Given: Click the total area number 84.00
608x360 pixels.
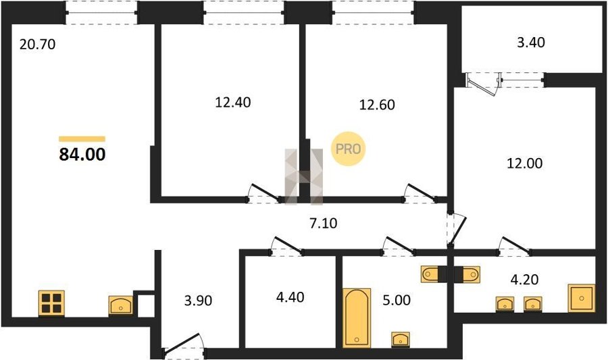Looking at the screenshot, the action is [x=82, y=154].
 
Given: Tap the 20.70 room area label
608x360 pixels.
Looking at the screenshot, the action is [x=38, y=44].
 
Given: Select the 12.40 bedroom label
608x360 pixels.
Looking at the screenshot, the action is [x=232, y=102].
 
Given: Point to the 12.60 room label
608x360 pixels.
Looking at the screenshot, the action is [x=377, y=105].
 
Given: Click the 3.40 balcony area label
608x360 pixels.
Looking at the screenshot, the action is [x=531, y=42].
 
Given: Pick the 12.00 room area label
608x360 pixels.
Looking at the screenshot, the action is [x=525, y=163].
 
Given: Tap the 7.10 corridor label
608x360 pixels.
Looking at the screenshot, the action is [x=324, y=223].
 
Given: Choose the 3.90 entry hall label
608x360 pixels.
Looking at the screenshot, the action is [x=198, y=301].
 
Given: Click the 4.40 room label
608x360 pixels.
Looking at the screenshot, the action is [x=290, y=297].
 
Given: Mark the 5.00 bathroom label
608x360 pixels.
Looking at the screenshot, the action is [x=397, y=300].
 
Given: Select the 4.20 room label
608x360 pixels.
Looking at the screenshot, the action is [x=524, y=279].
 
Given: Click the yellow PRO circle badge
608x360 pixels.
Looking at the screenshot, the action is [x=348, y=149].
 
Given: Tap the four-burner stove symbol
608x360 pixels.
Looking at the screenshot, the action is [x=51, y=303].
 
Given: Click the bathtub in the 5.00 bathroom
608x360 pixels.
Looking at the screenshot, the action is [x=357, y=317].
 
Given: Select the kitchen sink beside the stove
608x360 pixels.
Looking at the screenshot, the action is [x=121, y=305].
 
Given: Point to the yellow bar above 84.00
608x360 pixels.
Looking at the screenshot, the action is [x=82, y=139].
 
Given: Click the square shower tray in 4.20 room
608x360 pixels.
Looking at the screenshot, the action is [x=581, y=298].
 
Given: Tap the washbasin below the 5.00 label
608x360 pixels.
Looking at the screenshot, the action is [x=401, y=339].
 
